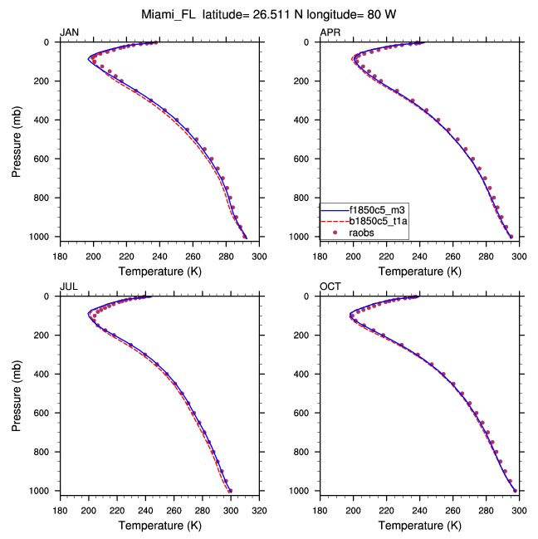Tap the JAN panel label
pos(69,32)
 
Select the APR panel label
pos(330,32)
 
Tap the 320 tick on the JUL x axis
pos(259,510)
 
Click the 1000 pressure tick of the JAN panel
pos(42,238)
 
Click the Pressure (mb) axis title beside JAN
pos(17,140)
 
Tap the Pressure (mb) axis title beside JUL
pos(17,394)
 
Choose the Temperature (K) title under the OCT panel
pos(419,526)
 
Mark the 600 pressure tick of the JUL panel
pos(45,414)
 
